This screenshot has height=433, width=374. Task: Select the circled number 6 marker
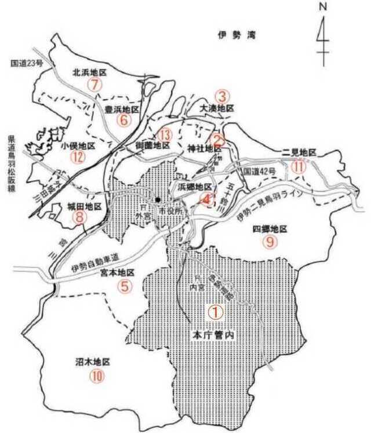coord(124,120)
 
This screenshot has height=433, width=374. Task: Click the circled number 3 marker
coord(222,96)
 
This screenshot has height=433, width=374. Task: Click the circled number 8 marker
coord(80,217)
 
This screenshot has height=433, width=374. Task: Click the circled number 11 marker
coord(299,166)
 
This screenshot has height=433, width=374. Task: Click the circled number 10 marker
coord(96,376)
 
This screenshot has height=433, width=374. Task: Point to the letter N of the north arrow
coord(322,7)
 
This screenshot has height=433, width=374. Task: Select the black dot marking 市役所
coord(158,200)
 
